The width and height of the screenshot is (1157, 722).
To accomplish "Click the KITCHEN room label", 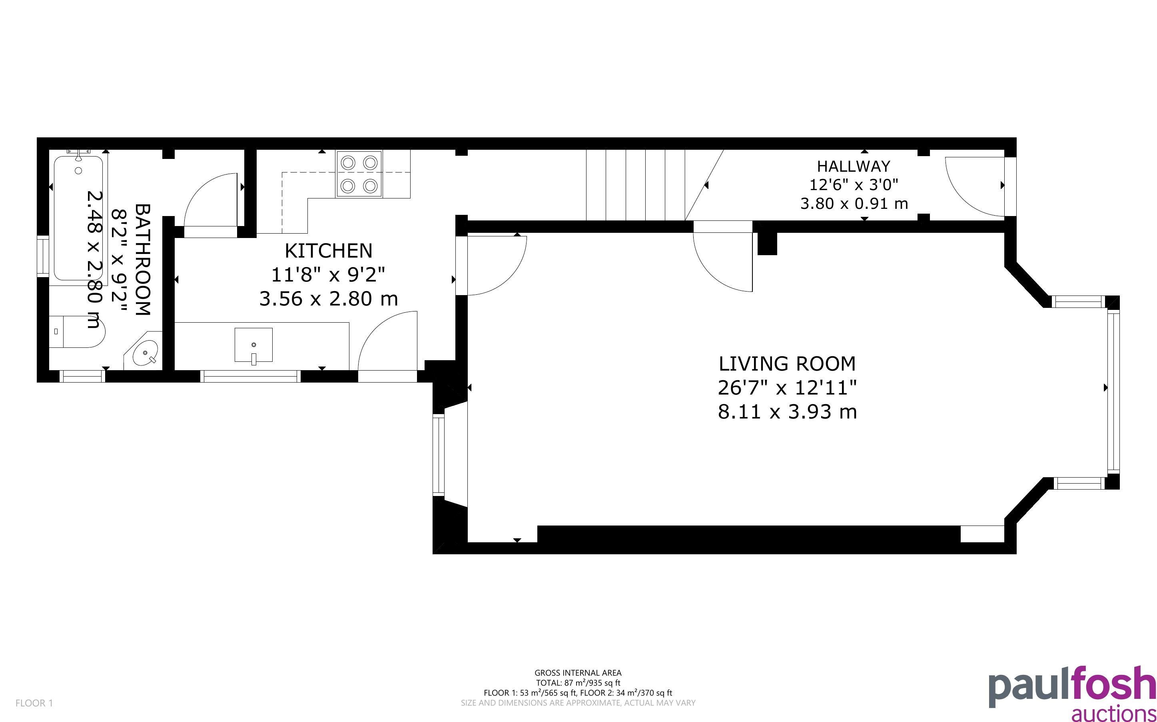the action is pyautogui.click(x=328, y=251).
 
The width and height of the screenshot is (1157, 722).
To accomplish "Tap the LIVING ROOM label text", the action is pyautogui.click(x=787, y=364).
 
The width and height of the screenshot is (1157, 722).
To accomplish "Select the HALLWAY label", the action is pyautogui.click(x=854, y=166).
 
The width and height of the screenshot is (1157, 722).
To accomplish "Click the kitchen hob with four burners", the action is pyautogui.click(x=359, y=174).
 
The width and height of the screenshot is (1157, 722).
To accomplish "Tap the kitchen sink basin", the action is pyautogui.click(x=254, y=345).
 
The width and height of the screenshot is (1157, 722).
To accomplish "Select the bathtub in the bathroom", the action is pyautogui.click(x=78, y=218).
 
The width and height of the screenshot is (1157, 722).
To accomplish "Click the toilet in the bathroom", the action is pyautogui.click(x=76, y=331).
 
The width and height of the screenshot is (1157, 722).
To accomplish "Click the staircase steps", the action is pyautogui.click(x=655, y=185).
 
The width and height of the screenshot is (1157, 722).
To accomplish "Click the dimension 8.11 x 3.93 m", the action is pyautogui.click(x=787, y=412).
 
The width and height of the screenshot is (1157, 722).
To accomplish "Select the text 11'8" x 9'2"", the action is pyautogui.click(x=328, y=275).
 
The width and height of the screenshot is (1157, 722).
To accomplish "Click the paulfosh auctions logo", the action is pyautogui.click(x=1072, y=693).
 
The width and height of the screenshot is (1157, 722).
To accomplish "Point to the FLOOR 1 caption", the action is pyautogui.click(x=34, y=703).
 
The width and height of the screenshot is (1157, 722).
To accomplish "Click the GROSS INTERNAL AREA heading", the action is pyautogui.click(x=578, y=673).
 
